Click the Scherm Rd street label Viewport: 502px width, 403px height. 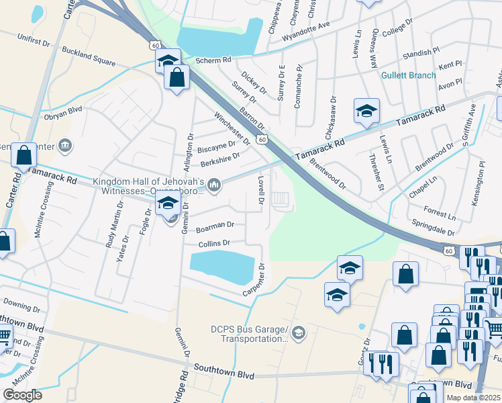pos(213,60)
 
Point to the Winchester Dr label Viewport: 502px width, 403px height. pos(232,127)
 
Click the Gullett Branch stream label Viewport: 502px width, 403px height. pos(409,75)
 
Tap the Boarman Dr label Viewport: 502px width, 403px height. pos(215,226)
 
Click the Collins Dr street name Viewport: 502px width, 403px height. pos(214,243)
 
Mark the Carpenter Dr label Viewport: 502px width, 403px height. pos(258,277)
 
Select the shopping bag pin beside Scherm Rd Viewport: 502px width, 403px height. pos(177,77)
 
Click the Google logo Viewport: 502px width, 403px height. pos(23,395)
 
